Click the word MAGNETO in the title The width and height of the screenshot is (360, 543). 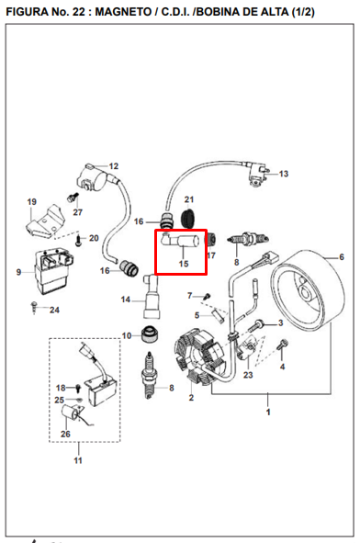point(123,12)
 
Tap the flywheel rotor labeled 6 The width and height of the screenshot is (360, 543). point(308,290)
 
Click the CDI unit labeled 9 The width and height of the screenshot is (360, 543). point(52,271)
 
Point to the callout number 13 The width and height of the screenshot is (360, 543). point(284,174)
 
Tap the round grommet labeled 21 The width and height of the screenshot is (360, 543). point(188,219)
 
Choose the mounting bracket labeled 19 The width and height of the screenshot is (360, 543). point(45,221)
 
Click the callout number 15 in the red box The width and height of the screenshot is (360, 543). point(184,264)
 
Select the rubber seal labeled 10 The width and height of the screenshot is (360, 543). point(151,334)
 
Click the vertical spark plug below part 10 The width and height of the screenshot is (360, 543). point(149,375)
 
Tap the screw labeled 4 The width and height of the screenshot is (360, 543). point(282,345)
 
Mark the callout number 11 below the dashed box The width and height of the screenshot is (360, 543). point(78,460)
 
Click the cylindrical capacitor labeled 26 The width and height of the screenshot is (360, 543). point(71,413)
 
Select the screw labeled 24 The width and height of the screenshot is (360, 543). point(34,307)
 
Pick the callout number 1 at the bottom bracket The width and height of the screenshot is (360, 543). point(268,413)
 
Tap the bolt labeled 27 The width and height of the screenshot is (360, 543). point(72,198)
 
